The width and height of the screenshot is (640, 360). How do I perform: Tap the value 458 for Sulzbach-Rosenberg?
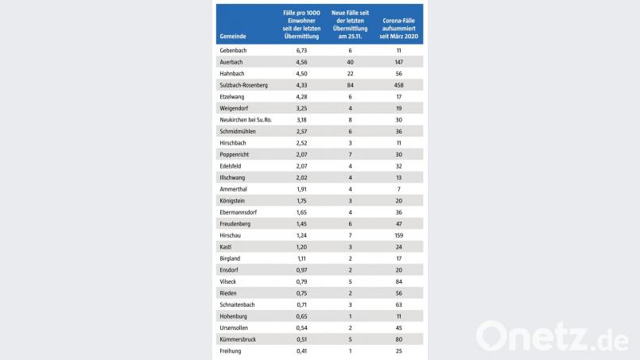point(399,84)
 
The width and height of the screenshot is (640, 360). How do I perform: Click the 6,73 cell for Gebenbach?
point(296,50)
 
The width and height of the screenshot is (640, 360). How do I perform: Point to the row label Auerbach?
point(233,61)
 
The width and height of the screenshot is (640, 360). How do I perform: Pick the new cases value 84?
point(350,84)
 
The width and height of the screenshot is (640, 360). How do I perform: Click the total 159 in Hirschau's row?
point(399,235)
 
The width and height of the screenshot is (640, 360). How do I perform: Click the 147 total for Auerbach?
point(399,61)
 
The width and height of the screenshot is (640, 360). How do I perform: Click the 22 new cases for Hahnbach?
point(350,73)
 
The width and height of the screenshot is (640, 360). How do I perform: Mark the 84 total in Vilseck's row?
point(399,281)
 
